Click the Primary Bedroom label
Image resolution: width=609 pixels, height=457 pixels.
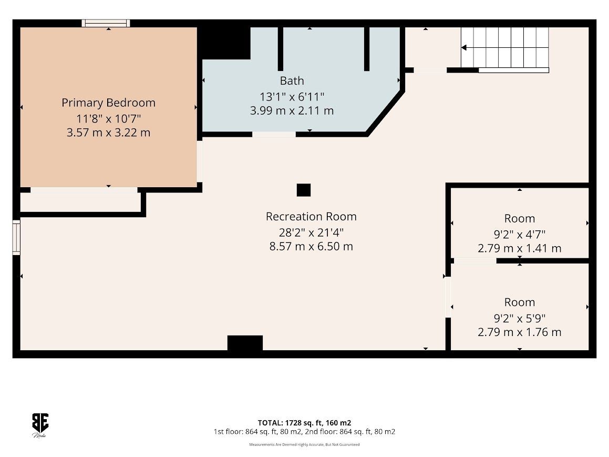tap(108, 103)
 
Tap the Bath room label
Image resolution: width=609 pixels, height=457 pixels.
tap(292, 81)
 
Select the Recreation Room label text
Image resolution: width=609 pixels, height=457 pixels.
tap(311, 217)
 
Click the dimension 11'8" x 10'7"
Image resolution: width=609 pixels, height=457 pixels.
tap(108, 118)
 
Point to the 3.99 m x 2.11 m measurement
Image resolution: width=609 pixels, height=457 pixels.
tap(292, 111)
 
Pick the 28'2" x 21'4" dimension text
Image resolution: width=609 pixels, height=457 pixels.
tap(311, 232)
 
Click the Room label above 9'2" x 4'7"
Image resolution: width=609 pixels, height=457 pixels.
tap(519, 218)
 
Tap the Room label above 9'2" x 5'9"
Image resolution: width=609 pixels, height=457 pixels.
tap(519, 302)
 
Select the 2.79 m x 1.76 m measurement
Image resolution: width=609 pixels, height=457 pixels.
tap(519, 332)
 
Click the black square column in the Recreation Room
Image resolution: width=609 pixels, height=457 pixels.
tap(304, 190)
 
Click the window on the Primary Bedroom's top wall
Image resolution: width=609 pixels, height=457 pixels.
tap(106, 23)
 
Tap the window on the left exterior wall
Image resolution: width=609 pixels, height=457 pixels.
tap(16, 237)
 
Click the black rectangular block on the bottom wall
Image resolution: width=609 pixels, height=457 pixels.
tap(245, 343)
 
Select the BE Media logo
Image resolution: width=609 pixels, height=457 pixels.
tap(40, 425)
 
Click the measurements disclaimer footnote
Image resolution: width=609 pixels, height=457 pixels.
tap(305, 444)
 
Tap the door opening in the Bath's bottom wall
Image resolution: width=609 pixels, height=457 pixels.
tap(274, 135)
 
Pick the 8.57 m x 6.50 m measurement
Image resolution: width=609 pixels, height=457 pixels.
tap(311, 246)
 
